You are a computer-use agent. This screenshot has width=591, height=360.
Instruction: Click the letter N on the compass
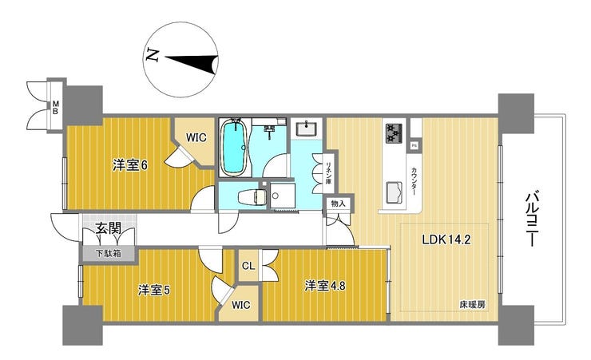[153, 55]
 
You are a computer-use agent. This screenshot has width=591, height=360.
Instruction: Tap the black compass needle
[192, 61]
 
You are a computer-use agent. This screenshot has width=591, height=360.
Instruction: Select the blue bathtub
[234, 147]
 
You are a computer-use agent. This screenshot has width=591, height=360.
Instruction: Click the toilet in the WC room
[251, 196]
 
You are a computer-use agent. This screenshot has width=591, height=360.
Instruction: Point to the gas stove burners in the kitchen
[393, 133]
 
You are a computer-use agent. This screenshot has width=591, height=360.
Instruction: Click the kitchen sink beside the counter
[395, 192]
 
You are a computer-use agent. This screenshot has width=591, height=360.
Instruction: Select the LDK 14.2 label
[446, 239]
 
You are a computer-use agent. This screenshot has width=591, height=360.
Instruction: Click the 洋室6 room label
[130, 165]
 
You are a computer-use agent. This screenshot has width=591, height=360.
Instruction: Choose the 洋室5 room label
[154, 291]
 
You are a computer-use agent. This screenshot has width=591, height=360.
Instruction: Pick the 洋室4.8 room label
[325, 286]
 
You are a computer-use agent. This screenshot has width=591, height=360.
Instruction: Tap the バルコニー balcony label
[531, 220]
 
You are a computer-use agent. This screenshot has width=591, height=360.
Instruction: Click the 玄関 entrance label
[108, 228]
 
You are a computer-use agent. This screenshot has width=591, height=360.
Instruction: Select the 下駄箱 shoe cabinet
[107, 253]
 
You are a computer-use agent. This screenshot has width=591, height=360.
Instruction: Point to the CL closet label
[248, 267]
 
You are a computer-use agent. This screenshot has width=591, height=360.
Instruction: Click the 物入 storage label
[338, 204]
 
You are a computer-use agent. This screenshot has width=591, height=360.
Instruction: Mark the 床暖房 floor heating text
[472, 305]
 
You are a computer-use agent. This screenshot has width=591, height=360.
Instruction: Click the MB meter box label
[55, 107]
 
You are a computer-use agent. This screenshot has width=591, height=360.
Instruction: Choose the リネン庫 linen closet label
[328, 172]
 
